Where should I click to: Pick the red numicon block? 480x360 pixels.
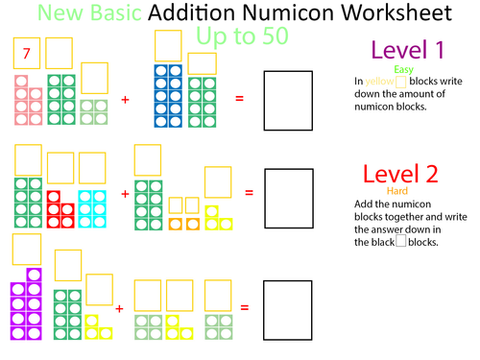[60, 204]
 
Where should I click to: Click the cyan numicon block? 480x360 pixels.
[92, 204]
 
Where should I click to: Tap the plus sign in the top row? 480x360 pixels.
[125, 99]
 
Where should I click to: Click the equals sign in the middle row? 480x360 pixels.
[249, 193]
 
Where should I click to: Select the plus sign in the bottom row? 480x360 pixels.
[119, 308]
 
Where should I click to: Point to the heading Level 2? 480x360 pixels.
[400, 174]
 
